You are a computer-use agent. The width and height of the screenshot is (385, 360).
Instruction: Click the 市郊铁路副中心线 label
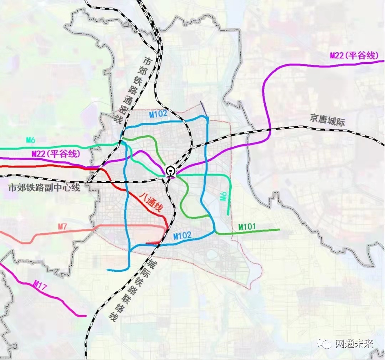tap(45, 188)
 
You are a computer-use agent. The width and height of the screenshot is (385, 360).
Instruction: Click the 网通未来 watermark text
tap(354, 344)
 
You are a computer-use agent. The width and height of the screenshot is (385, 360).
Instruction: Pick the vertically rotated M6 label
tap(224, 196)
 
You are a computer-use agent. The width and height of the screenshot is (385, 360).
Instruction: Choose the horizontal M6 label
tap(30, 140)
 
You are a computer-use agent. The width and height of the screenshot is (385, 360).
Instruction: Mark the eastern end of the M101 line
tap(279, 230)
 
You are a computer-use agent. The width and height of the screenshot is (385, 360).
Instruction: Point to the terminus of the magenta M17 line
tap(86, 316)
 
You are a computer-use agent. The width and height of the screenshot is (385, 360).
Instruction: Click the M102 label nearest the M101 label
tap(182, 235)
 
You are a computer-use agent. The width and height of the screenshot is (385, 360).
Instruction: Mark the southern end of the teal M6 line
tap(228, 215)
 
